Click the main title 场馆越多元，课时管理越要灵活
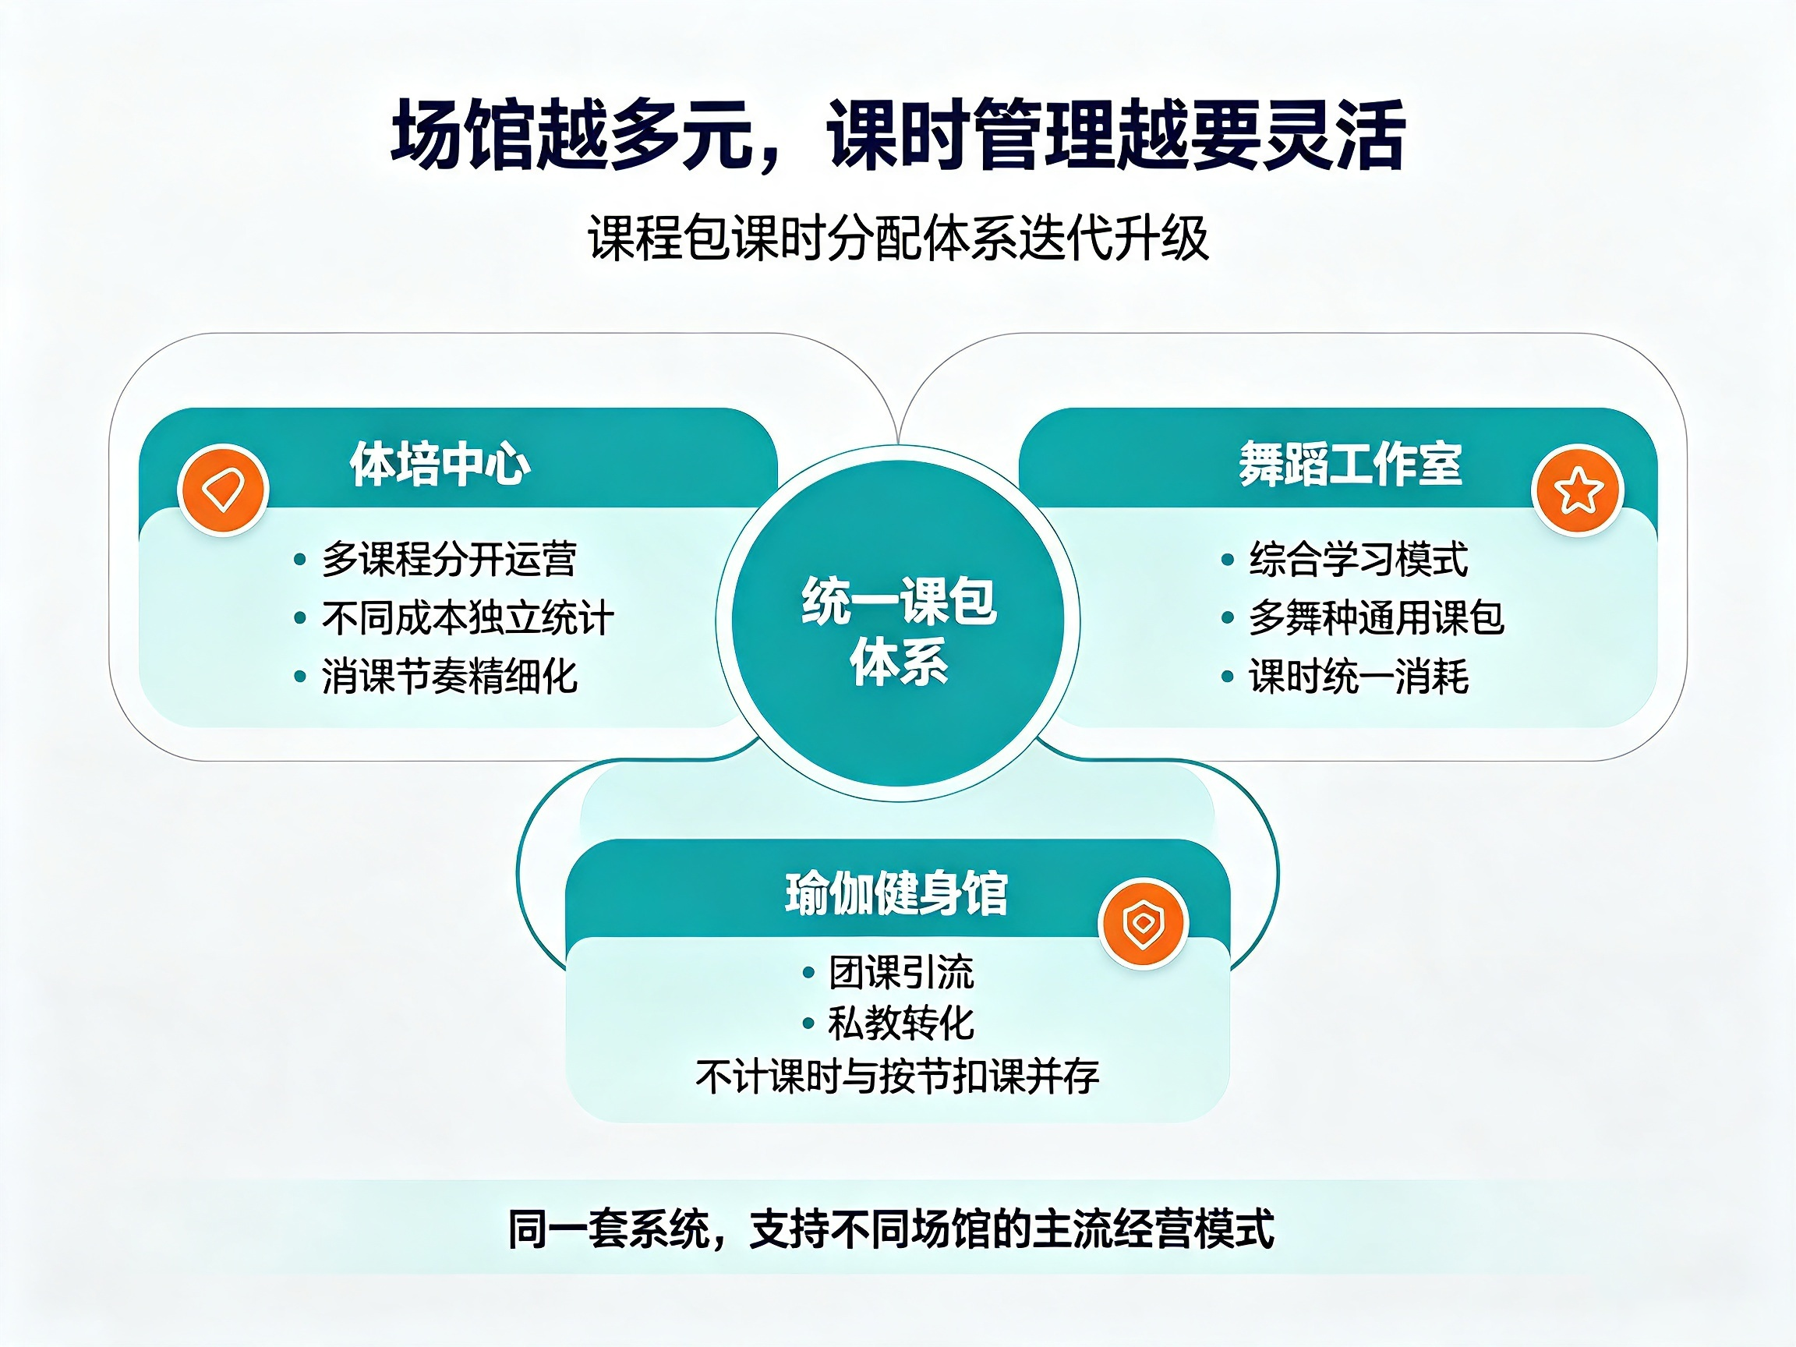898,135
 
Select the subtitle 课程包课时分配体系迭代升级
898,238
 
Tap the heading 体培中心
440,465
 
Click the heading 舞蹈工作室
1350,465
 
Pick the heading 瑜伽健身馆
896,893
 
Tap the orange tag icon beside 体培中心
223,490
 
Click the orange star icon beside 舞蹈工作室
1578,490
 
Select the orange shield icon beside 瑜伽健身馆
1144,923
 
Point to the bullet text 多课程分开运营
449,560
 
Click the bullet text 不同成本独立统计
468,618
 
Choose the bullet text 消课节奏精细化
449,677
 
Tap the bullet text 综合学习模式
1359,560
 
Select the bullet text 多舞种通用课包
1376,618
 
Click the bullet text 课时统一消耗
1359,677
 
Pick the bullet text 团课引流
901,972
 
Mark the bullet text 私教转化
901,1023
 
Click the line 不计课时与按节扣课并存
897,1077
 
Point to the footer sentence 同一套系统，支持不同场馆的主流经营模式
891,1229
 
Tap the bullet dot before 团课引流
808,973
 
